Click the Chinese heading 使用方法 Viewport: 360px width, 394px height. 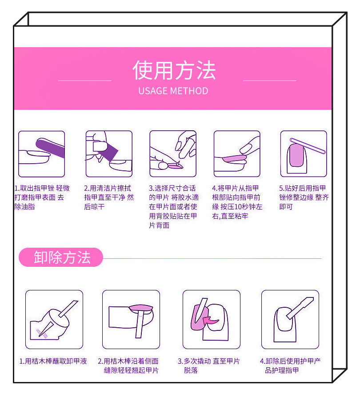click(174, 70)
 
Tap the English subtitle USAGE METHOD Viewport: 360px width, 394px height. click(173, 91)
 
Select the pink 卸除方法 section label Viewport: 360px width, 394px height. click(61, 257)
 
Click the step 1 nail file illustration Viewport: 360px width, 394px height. click(41, 154)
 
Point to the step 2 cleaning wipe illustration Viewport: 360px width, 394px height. click(109, 154)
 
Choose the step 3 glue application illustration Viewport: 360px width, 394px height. click(173, 154)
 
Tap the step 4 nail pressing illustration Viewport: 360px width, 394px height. click(237, 154)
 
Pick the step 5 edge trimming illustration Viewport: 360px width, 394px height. click(304, 154)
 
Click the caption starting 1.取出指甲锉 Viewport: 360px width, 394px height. click(42, 197)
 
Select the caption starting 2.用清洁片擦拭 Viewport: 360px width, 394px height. click(108, 197)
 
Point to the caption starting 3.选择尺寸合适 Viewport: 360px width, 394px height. click(173, 207)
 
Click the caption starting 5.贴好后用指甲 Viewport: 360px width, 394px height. click(304, 197)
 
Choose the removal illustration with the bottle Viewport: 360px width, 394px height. click(54, 319)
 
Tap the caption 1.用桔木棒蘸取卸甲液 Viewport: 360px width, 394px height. click(53, 361)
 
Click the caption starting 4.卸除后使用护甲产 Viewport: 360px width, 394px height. click(290, 366)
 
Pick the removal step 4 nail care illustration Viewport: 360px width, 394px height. click(290, 319)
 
